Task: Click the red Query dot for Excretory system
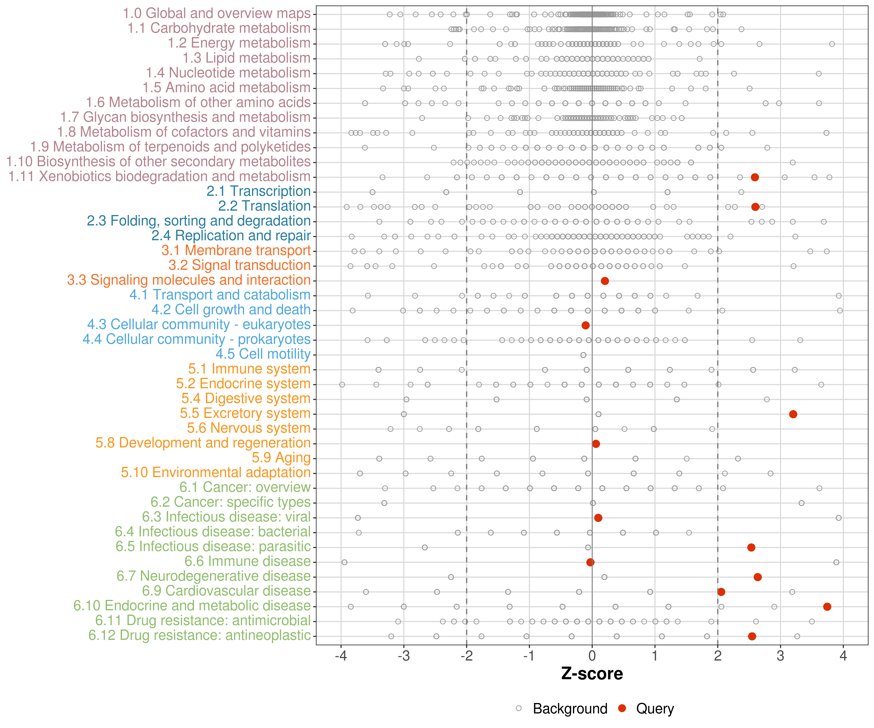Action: (x=793, y=414)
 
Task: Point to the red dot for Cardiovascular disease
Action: (x=721, y=592)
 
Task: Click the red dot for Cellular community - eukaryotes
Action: (x=586, y=325)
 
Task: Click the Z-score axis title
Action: (x=592, y=673)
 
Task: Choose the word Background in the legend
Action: (x=570, y=708)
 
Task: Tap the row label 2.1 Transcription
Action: (x=259, y=191)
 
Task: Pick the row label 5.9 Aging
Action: (x=281, y=458)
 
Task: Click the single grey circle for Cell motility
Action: (x=583, y=355)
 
